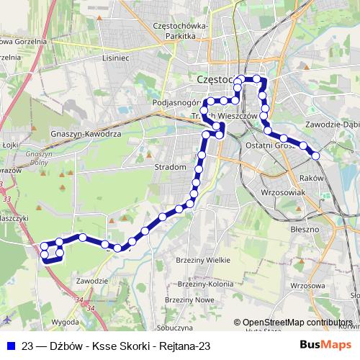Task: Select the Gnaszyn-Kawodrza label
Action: coord(86,134)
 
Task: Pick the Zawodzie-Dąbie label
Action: coord(332,123)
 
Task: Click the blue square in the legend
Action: coord(9,346)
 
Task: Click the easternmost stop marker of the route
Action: coord(315,155)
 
